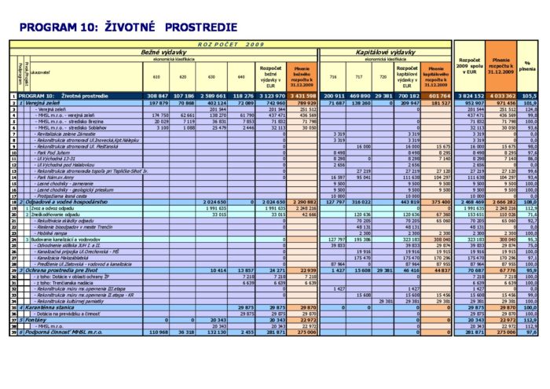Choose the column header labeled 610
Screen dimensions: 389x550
pyautogui.click(x=156, y=76)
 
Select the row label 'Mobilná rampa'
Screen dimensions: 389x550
pyautogui.click(x=52, y=233)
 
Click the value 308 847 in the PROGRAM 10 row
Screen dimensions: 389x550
pyautogui.click(x=158, y=96)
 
